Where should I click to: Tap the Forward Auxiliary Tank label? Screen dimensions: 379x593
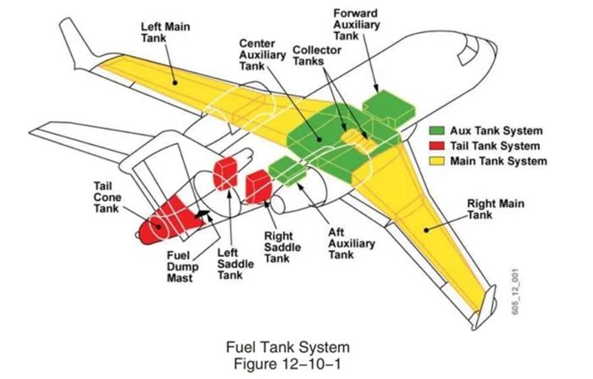[x=357, y=25]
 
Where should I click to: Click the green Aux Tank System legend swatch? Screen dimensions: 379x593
[x=438, y=131]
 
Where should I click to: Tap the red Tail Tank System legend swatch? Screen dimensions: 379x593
[x=438, y=146]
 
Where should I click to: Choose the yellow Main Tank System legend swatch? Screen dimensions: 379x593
[x=438, y=160]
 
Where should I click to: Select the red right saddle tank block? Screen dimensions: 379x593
[x=257, y=187]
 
